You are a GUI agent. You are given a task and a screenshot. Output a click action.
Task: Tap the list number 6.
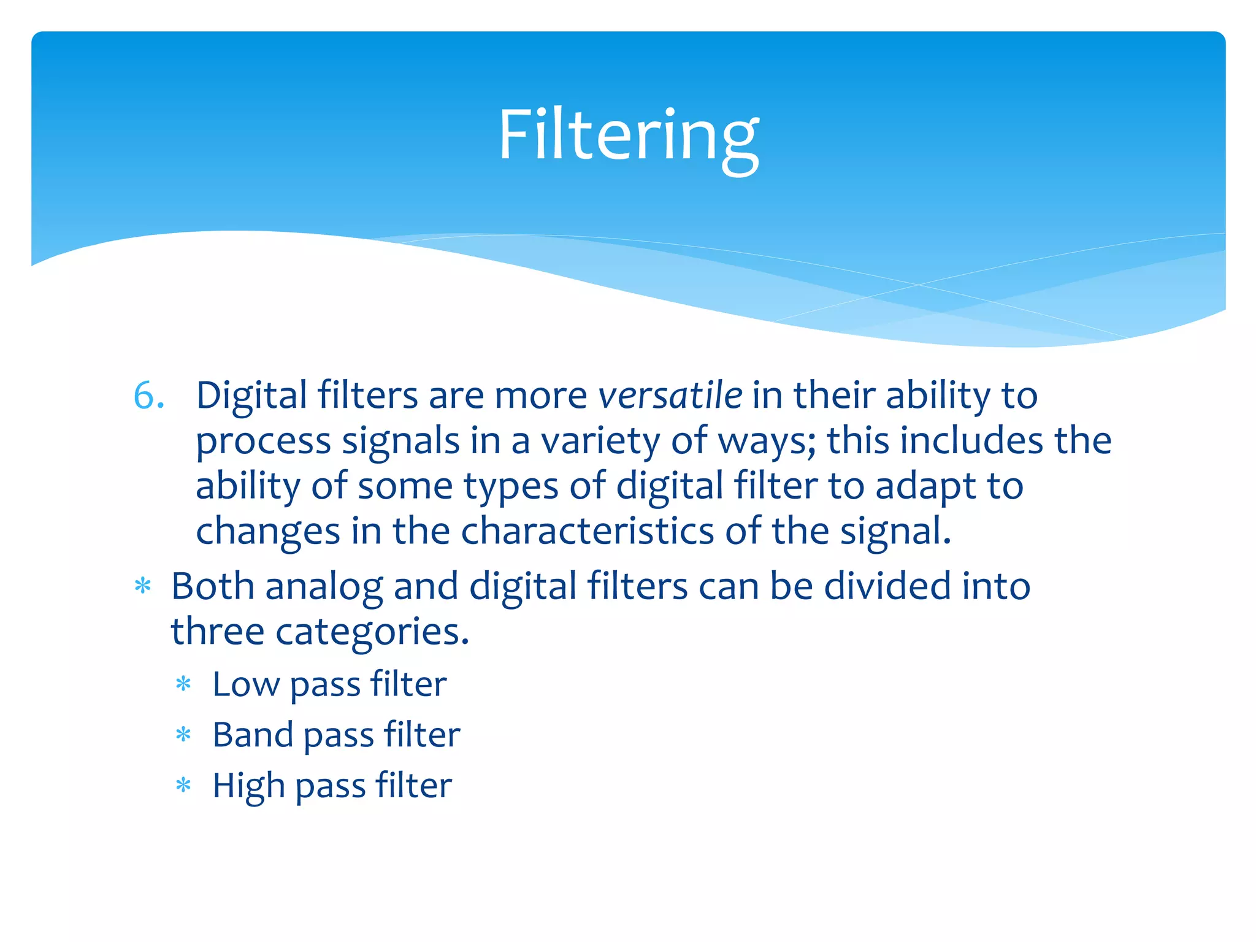click(x=148, y=396)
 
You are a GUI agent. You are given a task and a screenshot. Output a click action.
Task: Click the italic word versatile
click(x=670, y=396)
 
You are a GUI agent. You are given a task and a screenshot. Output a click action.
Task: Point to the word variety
click(x=600, y=442)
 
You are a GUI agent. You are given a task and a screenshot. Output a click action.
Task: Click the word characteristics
click(x=587, y=531)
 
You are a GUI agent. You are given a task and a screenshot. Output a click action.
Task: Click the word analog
click(x=324, y=587)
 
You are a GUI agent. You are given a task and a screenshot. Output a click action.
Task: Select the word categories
click(x=372, y=632)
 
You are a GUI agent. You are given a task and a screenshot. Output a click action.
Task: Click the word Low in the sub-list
click(x=245, y=684)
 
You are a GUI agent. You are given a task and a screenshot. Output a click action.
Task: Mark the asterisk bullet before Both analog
click(x=143, y=586)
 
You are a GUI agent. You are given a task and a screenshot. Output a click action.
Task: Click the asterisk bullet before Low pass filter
click(x=183, y=684)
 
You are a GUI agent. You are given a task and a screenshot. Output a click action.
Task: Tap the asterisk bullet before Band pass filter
click(x=183, y=735)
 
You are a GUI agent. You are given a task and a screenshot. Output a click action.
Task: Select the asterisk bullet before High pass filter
click(x=183, y=786)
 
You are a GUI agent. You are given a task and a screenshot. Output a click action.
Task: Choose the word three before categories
click(x=217, y=632)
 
